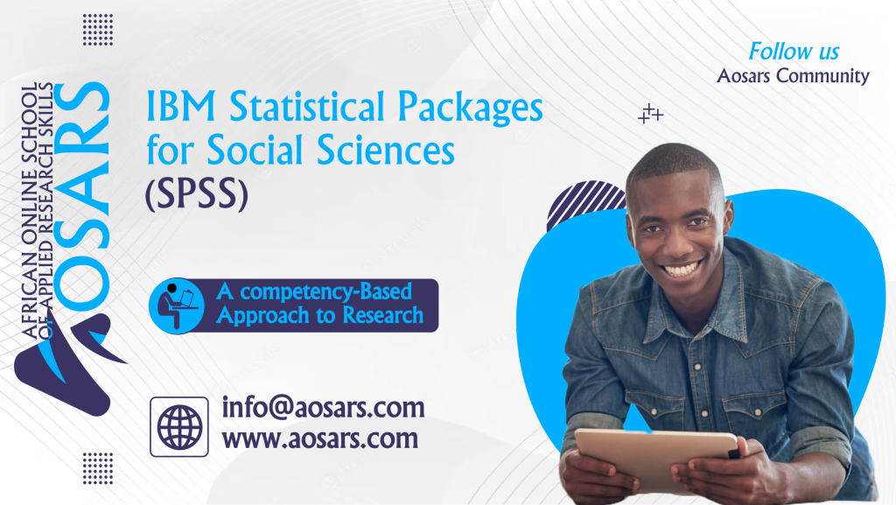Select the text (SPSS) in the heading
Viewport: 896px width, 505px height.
[x=197, y=195]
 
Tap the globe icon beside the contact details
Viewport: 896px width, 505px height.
[x=179, y=426]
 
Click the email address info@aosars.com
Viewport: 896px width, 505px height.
[x=323, y=407]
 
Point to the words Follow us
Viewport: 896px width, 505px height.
[x=794, y=50]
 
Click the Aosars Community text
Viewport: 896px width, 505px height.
[x=793, y=76]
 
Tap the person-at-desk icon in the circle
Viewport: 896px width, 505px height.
[x=176, y=305]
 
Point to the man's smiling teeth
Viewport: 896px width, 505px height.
[x=681, y=268]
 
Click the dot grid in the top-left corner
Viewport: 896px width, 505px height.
[x=98, y=29]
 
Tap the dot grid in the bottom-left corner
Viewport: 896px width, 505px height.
[x=98, y=467]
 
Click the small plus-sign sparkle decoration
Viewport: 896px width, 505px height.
[x=649, y=114]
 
